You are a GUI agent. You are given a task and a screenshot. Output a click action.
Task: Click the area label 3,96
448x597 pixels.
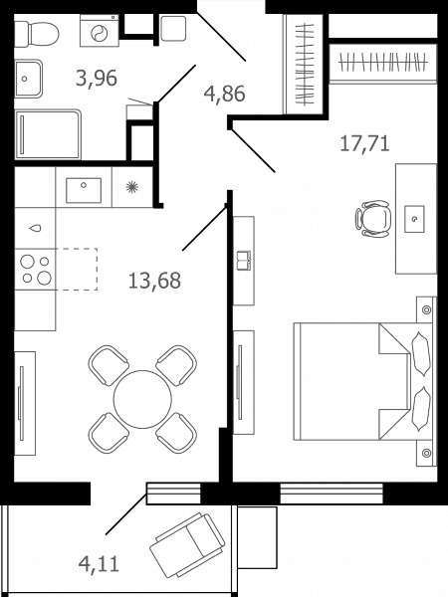97,79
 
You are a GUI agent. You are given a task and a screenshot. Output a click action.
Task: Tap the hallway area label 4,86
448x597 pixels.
224,94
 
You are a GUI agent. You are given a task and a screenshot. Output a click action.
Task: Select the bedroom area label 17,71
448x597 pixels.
364,143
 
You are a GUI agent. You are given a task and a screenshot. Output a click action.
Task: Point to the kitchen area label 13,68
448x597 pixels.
154,281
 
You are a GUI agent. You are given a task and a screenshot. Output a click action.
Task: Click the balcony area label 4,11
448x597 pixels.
99,563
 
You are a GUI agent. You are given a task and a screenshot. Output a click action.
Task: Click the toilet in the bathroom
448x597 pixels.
37,34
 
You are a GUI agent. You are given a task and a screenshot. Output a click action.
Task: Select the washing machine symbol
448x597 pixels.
100,31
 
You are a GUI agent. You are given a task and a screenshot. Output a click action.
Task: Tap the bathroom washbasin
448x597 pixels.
28,79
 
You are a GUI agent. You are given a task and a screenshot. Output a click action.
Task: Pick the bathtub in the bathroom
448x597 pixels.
48,134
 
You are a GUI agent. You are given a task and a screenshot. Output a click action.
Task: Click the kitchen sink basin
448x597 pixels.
84,190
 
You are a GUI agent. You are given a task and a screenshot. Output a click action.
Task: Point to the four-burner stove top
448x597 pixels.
36,270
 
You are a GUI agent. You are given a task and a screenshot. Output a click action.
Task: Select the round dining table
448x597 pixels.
142,399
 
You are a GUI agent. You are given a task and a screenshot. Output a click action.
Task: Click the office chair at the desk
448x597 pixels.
373,218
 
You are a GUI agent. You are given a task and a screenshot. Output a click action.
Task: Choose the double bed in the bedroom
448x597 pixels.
362,381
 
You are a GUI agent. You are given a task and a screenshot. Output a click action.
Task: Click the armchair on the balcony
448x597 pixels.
187,545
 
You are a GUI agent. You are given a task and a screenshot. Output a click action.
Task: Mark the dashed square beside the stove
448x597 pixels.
77,270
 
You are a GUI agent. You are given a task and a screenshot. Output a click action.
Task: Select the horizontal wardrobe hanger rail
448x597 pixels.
383,62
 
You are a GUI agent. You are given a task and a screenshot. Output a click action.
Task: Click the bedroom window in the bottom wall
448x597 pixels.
332,494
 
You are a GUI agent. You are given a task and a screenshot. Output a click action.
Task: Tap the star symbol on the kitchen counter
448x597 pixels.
131,187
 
